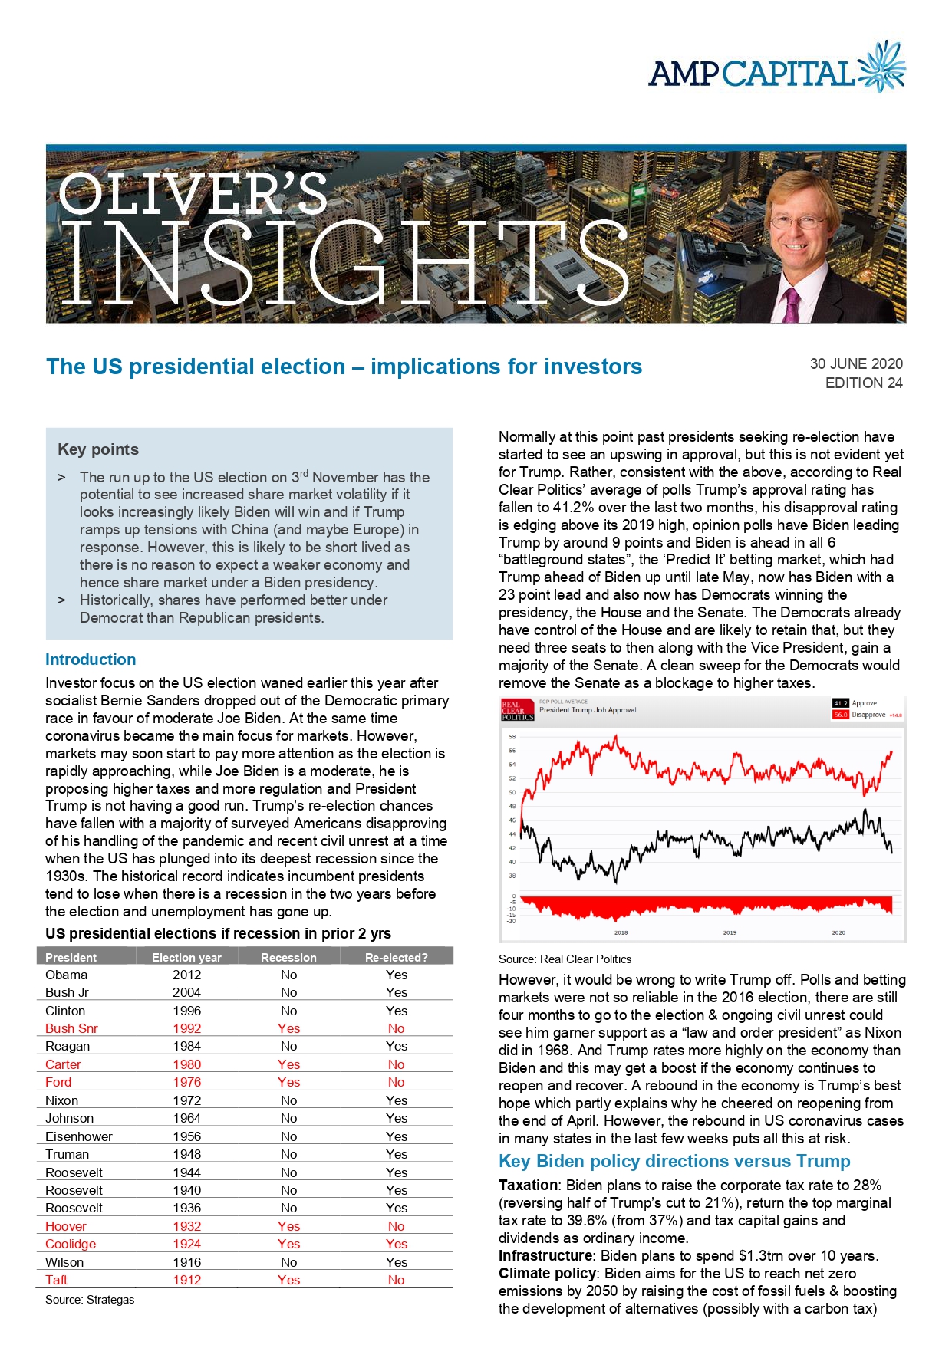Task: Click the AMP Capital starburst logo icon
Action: [x=883, y=67]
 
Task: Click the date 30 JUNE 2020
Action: [x=856, y=363]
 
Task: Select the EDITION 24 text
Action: [x=864, y=383]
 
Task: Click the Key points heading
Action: [x=98, y=449]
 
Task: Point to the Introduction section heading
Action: [x=91, y=659]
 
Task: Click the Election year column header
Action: [x=186, y=957]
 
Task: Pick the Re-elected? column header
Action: [x=397, y=957]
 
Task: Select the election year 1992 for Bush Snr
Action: [x=186, y=1028]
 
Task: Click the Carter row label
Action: [x=63, y=1064]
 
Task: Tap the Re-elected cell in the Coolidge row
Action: [x=397, y=1244]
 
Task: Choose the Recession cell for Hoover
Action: [x=288, y=1226]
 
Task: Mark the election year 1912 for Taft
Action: [x=186, y=1280]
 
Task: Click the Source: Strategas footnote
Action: [x=90, y=1299]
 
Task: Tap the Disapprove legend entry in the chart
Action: [x=868, y=715]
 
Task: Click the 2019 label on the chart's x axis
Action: [x=730, y=932]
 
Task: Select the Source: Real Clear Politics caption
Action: [x=565, y=959]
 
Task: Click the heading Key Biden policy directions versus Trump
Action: [x=674, y=1161]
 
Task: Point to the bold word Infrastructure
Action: [x=545, y=1255]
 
